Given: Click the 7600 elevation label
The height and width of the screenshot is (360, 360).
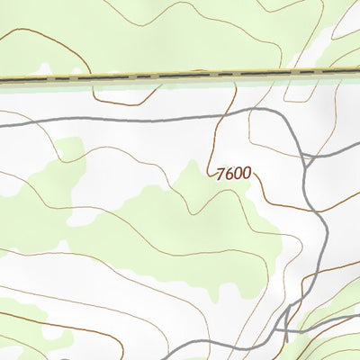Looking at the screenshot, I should tap(233, 175).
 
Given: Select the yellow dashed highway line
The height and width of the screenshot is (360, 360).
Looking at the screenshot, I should tap(180, 77).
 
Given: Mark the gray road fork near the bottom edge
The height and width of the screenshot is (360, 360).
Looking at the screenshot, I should tap(286, 314).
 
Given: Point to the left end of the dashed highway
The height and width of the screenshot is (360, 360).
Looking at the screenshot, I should tap(3, 81).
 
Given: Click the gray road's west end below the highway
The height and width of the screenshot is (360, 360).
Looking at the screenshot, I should tap(3, 126).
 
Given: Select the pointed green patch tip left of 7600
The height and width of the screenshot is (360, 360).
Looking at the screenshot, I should tap(192, 162).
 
